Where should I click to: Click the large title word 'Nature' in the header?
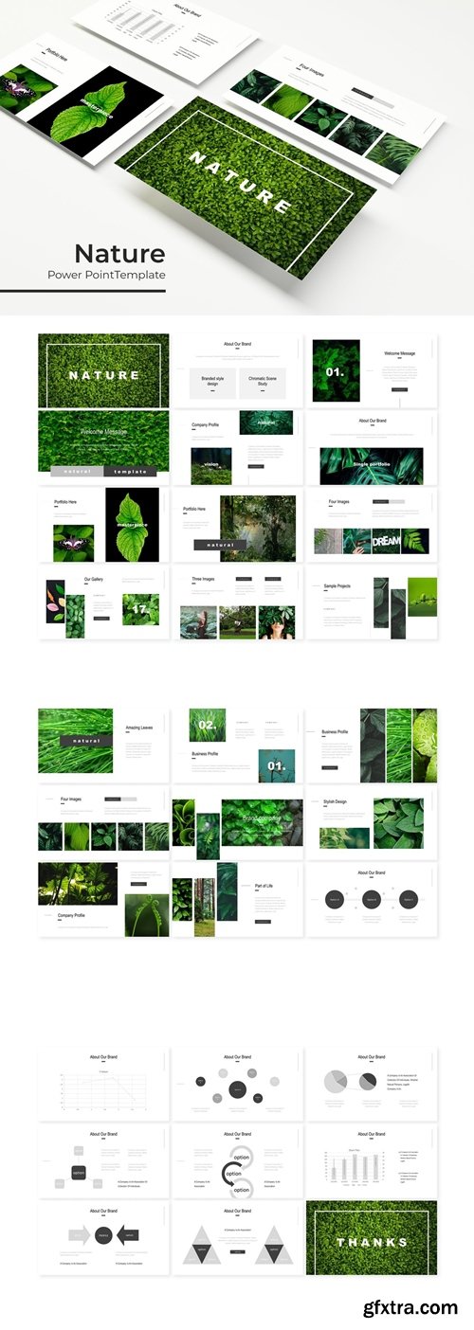tap(119, 253)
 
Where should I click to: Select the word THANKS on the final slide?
tap(371, 1242)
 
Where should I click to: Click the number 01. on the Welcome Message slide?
tap(335, 372)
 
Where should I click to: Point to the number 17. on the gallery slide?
tap(140, 609)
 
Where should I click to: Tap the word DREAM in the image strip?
tap(386, 540)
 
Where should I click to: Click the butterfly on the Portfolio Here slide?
tap(68, 543)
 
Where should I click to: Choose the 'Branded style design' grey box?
tap(211, 381)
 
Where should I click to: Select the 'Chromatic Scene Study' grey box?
tap(263, 381)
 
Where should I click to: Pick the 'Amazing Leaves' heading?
tap(139, 728)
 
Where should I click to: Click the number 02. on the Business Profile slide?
tap(207, 725)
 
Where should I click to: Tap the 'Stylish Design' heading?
tap(335, 801)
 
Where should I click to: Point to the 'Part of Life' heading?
tap(264, 886)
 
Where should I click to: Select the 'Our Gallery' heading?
tap(94, 579)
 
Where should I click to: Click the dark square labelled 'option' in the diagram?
tap(79, 1173)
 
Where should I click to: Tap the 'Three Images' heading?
tap(204, 579)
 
